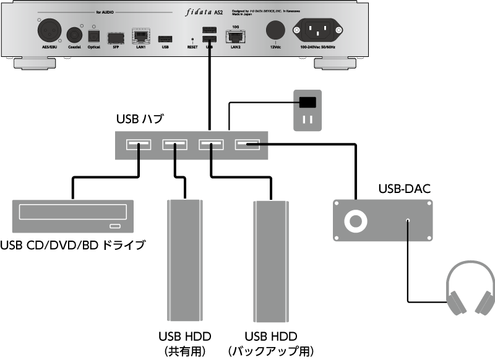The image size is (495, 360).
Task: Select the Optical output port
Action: click(94, 35)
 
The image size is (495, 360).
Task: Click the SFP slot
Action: click(114, 36)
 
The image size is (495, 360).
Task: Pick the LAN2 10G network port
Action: click(235, 35)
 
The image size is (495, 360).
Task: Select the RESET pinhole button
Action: click(193, 39)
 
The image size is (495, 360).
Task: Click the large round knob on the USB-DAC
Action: click(356, 221)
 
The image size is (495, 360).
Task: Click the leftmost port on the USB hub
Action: click(139, 145)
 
